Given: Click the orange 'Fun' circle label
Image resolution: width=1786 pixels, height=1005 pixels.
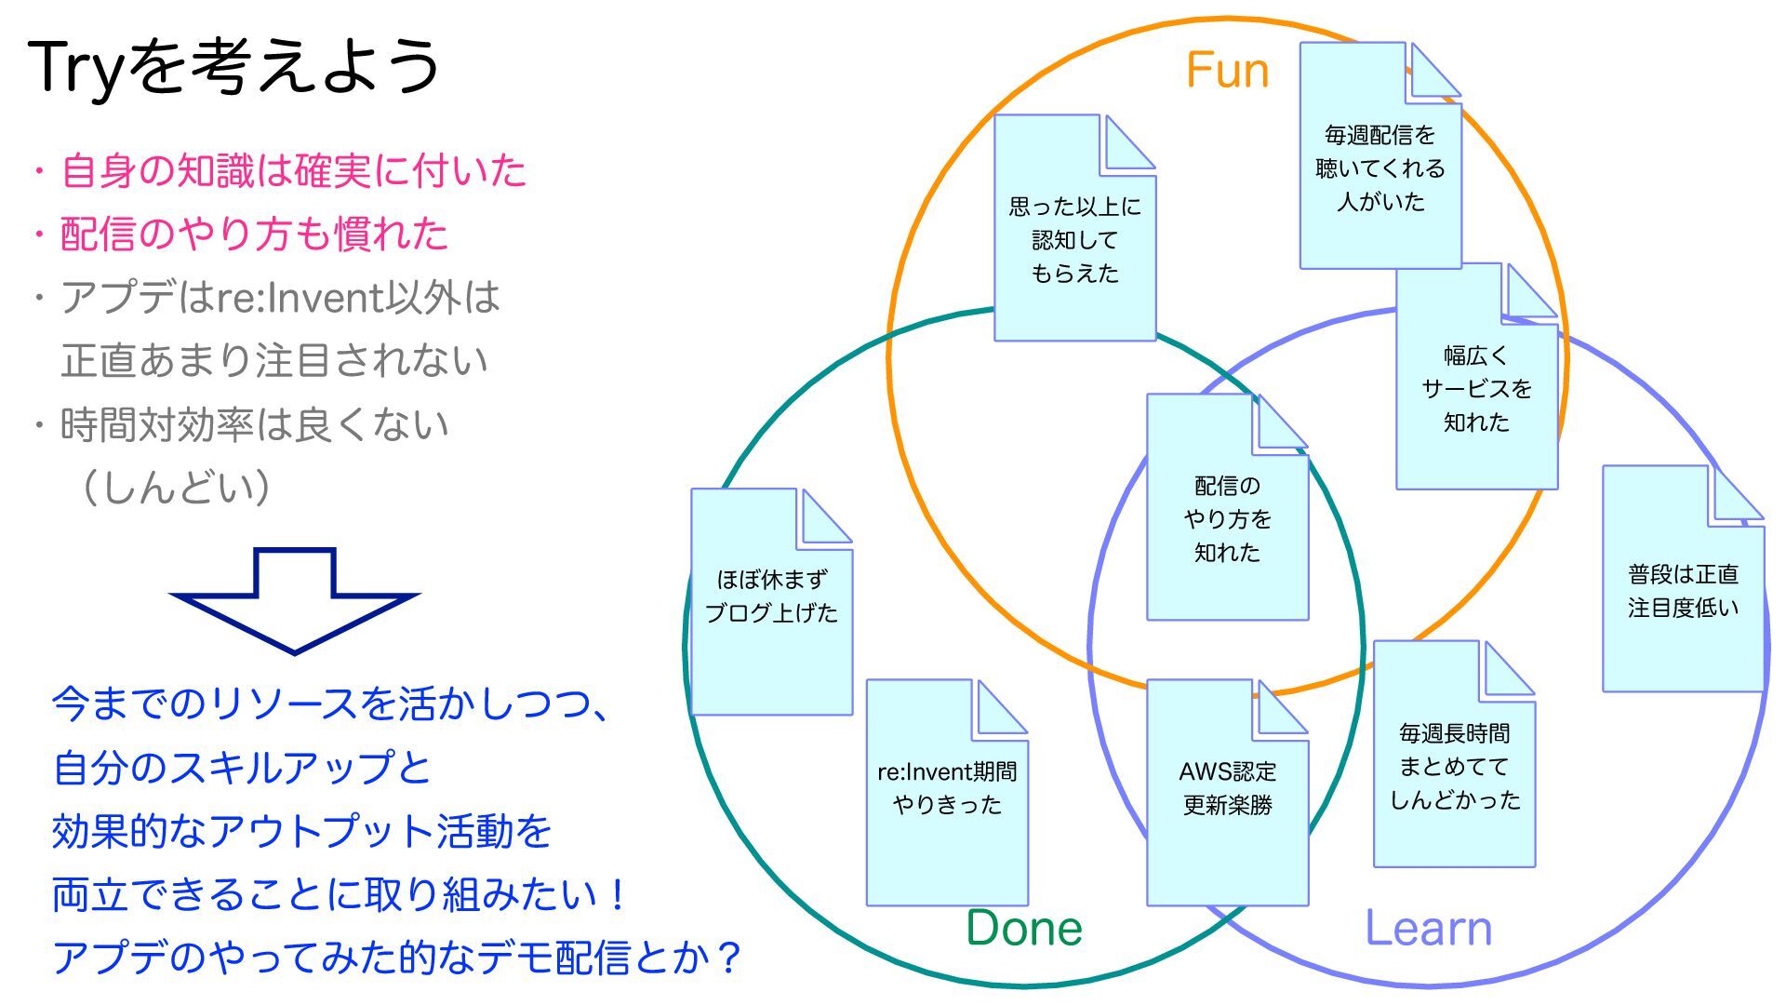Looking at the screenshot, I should pos(1227,71).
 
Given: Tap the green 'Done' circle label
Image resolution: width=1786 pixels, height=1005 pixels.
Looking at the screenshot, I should pos(1023,928).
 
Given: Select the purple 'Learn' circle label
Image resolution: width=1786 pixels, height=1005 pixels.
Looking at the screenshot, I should pos(1428,928).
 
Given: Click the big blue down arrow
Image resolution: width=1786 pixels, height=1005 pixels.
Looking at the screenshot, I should pos(295,600).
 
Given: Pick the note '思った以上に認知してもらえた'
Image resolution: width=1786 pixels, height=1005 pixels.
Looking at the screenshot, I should pos(1074,239).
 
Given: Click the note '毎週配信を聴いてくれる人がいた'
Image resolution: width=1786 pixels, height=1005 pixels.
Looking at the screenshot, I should pos(1379,167).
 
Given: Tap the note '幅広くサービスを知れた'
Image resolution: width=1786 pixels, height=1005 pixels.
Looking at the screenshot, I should pos(1476,388).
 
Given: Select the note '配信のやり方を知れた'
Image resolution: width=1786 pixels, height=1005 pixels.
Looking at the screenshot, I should pos(1227,518).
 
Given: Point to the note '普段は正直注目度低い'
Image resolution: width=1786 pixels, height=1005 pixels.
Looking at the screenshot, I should pos(1683,590).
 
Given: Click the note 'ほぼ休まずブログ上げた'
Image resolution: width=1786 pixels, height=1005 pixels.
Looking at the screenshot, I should pos(771,596).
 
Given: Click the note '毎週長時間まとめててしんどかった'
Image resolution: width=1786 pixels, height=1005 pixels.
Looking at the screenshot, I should pos(1454,766).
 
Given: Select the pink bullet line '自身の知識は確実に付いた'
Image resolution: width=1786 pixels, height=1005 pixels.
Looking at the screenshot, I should pos(293,171).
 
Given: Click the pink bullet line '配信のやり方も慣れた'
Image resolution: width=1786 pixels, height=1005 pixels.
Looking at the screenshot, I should pos(254,234).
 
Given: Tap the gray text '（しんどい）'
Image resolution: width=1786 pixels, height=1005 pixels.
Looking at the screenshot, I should pos(177,488).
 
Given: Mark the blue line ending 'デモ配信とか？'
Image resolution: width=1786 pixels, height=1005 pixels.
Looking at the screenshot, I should pos(395,958).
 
